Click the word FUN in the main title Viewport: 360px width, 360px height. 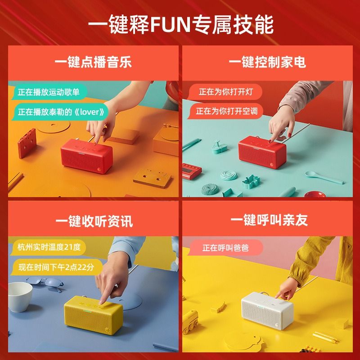(171, 24)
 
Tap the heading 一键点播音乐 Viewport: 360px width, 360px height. (93, 62)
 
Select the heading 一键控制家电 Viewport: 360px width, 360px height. (267, 62)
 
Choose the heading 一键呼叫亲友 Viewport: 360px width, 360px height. (269, 220)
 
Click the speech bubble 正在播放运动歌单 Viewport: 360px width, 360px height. (49, 92)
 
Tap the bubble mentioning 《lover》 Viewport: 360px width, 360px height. (60, 112)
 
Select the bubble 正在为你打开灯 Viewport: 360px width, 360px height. (225, 92)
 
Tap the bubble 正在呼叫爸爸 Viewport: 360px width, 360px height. (225, 248)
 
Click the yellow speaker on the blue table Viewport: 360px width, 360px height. (93, 315)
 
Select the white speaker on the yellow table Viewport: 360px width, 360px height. (267, 310)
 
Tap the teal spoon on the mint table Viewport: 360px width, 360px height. (324, 177)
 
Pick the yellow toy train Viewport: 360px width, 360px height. (190, 322)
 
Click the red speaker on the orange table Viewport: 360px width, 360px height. (86, 156)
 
